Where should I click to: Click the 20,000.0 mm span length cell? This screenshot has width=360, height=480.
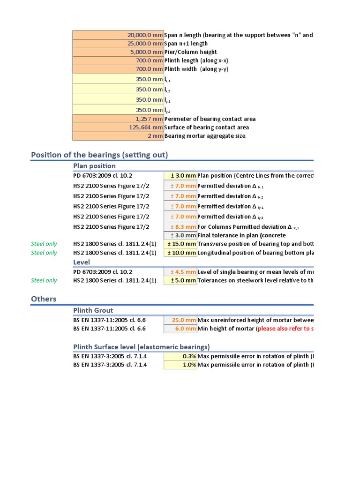[118, 35]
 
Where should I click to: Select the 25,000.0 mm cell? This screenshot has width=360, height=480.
[118, 44]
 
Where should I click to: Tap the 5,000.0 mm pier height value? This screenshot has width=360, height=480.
[118, 52]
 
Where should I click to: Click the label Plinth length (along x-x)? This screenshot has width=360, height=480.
[196, 60]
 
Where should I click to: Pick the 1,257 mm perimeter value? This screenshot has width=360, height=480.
[118, 119]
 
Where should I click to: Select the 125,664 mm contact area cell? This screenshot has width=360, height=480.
[118, 127]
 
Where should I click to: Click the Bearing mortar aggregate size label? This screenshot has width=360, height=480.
[205, 136]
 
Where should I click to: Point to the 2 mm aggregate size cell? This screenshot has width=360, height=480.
[118, 136]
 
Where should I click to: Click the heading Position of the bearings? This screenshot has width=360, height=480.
[99, 155]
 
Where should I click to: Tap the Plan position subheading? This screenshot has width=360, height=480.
[94, 166]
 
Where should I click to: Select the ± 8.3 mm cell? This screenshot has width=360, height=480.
[180, 227]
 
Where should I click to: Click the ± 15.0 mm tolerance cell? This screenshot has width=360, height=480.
[180, 244]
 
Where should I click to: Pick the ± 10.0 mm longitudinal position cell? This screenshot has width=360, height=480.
[180, 253]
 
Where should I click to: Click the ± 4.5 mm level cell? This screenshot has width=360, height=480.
[180, 272]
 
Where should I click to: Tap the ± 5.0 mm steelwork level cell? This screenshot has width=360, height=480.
[180, 280]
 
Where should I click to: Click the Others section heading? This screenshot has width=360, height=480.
[44, 299]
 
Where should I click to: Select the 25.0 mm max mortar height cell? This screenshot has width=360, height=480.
[180, 320]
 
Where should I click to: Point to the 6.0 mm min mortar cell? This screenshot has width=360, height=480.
[180, 329]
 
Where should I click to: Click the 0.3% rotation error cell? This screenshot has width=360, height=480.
[180, 356]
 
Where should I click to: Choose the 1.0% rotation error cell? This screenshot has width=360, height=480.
[180, 365]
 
